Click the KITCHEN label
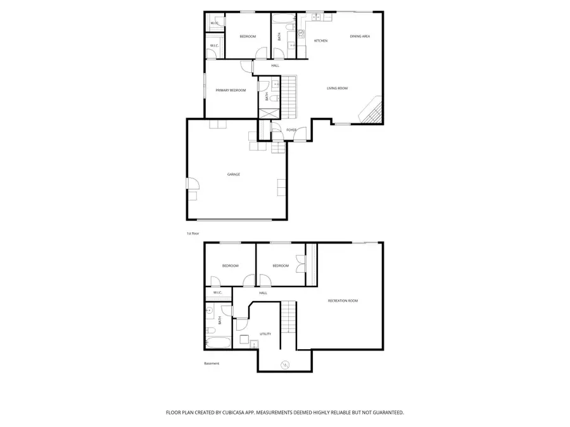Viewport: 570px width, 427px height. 321,41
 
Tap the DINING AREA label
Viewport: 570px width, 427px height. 360,36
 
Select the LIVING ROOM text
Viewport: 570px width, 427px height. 337,88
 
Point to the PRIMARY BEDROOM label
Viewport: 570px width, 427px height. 231,90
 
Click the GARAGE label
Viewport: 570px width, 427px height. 234,174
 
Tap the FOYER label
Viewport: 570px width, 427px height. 291,130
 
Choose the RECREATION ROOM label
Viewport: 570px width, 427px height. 343,300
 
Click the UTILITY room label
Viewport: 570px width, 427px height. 265,333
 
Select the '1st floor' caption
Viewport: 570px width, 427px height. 193,233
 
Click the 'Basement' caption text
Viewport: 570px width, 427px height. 212,363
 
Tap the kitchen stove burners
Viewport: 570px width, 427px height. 300,28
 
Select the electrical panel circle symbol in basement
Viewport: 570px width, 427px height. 285,364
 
